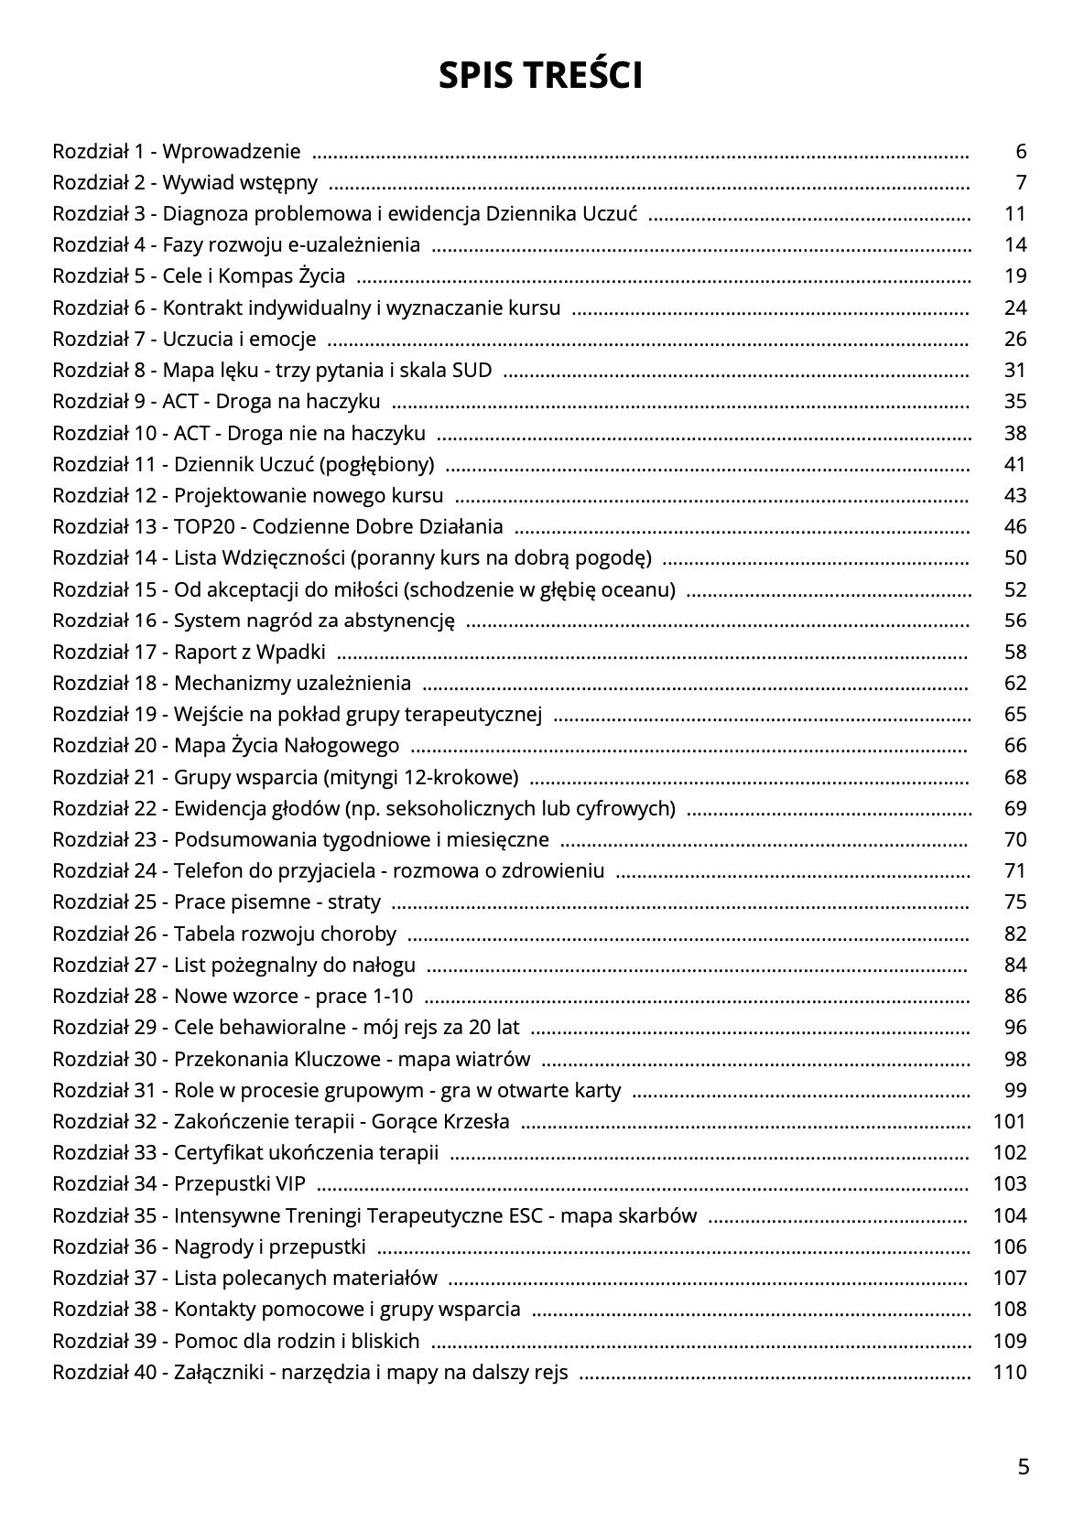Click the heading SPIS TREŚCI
[x=540, y=76]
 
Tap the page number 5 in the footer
[x=1023, y=1467]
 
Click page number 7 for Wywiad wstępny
[x=1021, y=183]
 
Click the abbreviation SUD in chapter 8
[x=472, y=371]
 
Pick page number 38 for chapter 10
[x=1015, y=433]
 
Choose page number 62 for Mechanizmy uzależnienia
[x=1015, y=684]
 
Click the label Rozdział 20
[x=105, y=746]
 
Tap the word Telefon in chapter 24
[x=207, y=871]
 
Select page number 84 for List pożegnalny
[x=1015, y=966]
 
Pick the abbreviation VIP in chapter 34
[x=290, y=1184]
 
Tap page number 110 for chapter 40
[x=1010, y=1373]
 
